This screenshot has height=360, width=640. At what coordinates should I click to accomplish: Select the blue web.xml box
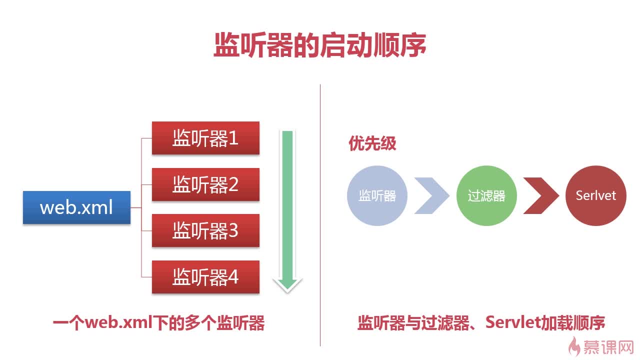click(x=76, y=207)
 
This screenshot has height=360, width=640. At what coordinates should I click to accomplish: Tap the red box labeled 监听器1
click(x=205, y=138)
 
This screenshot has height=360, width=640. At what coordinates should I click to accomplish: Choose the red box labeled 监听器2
click(x=205, y=184)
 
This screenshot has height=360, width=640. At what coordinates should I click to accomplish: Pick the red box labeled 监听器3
click(x=205, y=230)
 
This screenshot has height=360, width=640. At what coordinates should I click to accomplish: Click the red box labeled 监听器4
click(x=205, y=276)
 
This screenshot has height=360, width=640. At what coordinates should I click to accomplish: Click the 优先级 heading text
click(x=372, y=144)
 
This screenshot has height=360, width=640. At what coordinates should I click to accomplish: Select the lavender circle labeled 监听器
click(x=377, y=195)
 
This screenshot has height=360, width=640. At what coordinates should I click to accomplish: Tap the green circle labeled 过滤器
click(x=486, y=195)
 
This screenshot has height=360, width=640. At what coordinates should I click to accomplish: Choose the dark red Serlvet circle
click(x=595, y=195)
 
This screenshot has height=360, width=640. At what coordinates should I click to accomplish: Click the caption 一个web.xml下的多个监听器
click(x=158, y=323)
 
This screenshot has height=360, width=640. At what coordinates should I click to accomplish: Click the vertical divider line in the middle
click(x=320, y=215)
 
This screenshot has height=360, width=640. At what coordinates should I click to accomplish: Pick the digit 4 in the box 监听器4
click(x=233, y=276)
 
